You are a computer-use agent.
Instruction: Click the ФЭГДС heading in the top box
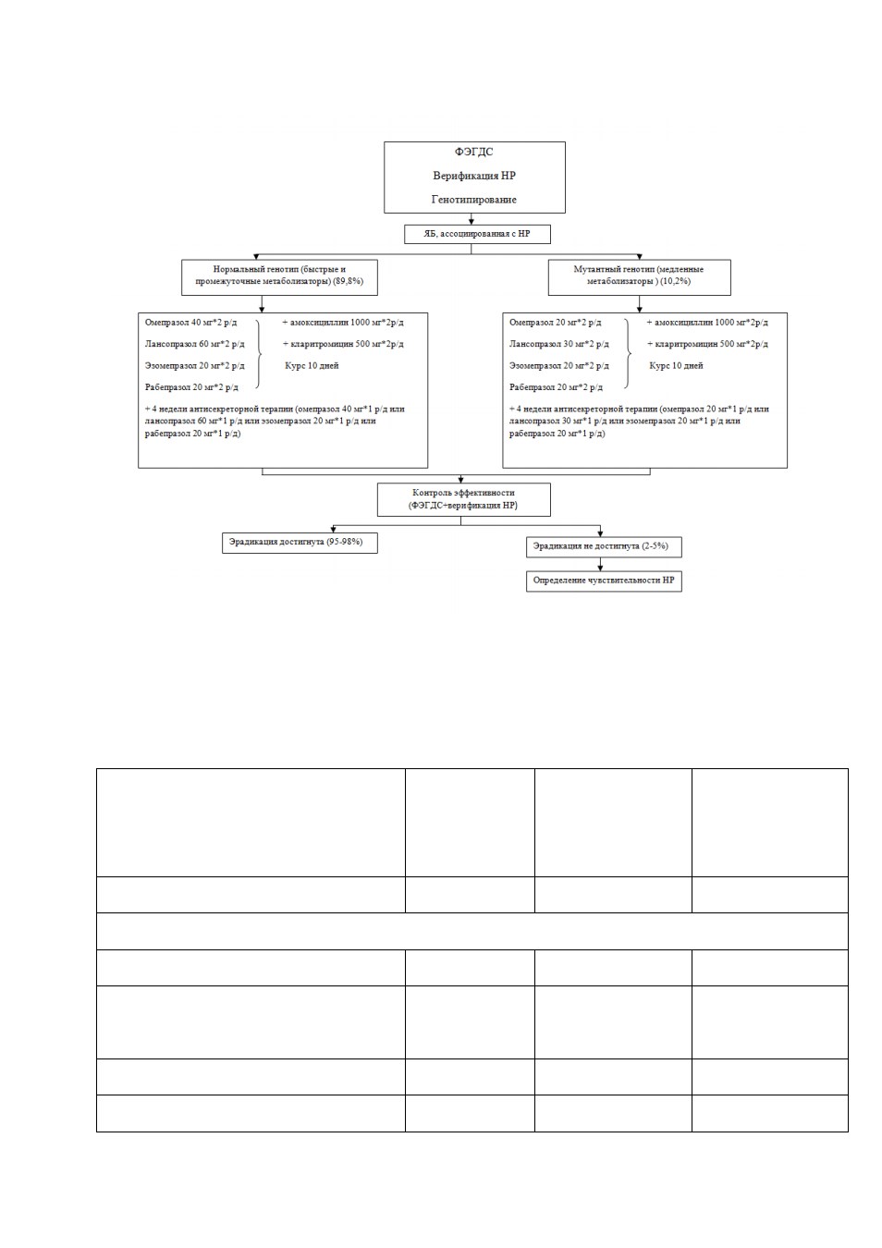(x=473, y=152)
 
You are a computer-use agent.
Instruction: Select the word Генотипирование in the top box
(x=473, y=200)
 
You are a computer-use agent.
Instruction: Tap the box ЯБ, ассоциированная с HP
(x=477, y=234)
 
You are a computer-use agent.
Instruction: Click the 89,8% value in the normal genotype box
(x=349, y=281)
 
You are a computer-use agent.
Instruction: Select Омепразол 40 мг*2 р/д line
(x=191, y=323)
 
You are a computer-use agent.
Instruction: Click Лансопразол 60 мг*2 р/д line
(x=194, y=344)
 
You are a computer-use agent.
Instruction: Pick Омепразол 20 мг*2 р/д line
(x=555, y=323)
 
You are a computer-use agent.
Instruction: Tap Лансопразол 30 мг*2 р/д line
(x=558, y=344)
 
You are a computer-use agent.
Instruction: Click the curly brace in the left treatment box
(x=259, y=354)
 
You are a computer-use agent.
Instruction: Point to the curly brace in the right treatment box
(x=629, y=354)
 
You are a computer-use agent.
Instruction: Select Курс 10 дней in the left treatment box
(x=312, y=366)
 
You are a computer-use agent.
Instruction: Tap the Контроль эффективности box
(x=463, y=500)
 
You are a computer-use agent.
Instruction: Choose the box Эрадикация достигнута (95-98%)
(x=300, y=543)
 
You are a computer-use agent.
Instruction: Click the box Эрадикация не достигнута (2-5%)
(x=604, y=547)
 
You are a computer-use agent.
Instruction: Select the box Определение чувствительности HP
(x=604, y=581)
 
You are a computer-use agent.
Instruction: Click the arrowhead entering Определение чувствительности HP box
(x=600, y=568)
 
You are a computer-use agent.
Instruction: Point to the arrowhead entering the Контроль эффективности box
(x=460, y=480)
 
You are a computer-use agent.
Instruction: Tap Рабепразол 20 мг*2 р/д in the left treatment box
(x=191, y=387)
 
